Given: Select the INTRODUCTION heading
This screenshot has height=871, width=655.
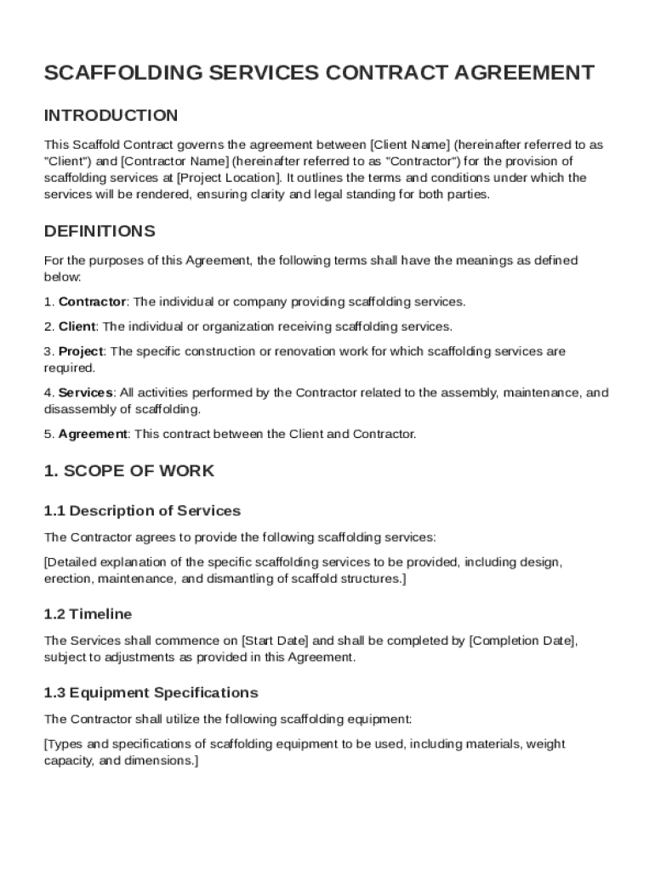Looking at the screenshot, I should click(111, 116).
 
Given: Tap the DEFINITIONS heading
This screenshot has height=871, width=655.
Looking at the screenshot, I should click(100, 231).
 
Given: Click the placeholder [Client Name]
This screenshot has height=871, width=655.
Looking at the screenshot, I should click(412, 145).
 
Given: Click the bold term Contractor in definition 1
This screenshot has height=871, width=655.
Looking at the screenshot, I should click(92, 302).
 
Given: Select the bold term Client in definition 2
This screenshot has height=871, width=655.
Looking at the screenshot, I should click(77, 327).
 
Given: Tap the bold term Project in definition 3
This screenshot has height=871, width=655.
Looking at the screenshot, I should click(81, 351).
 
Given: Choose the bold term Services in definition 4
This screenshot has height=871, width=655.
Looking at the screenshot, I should click(85, 393).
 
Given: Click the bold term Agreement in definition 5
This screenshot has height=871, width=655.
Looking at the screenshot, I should click(93, 435).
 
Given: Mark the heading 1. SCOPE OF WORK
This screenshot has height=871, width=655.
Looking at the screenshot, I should click(129, 471).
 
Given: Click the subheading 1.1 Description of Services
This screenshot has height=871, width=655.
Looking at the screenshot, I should click(142, 511).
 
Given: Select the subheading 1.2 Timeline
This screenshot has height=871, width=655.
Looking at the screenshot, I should click(88, 614).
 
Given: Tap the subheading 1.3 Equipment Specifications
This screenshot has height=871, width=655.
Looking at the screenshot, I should click(151, 692).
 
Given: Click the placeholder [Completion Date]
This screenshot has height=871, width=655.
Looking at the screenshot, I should click(523, 640).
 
